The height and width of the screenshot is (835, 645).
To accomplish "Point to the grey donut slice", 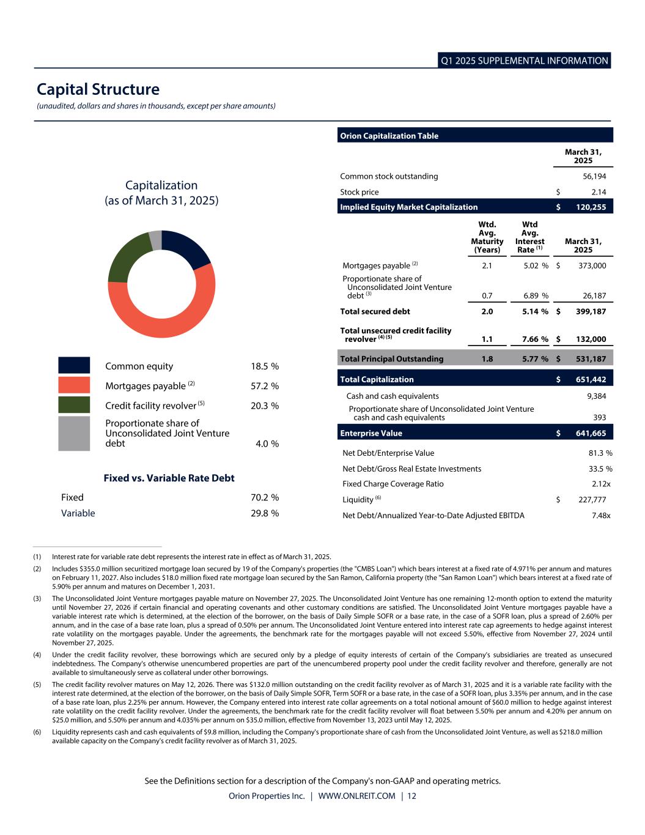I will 155,240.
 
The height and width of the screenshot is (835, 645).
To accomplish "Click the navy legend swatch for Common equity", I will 74,365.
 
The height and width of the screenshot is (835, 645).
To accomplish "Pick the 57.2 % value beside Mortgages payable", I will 265,386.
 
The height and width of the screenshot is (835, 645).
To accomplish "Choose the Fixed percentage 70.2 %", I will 265,497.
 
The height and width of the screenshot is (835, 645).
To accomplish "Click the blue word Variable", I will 78,513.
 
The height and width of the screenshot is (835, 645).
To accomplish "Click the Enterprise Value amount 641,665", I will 591,433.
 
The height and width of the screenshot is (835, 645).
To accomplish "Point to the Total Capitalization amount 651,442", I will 591,379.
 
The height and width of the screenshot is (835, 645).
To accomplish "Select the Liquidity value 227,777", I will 592,500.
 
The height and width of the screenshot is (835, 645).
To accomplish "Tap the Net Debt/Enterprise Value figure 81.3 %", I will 600,453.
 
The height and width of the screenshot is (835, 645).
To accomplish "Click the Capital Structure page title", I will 98,89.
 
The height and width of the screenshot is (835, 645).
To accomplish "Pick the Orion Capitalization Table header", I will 389,136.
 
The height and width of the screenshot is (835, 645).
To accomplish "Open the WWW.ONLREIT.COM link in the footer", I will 357,796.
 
